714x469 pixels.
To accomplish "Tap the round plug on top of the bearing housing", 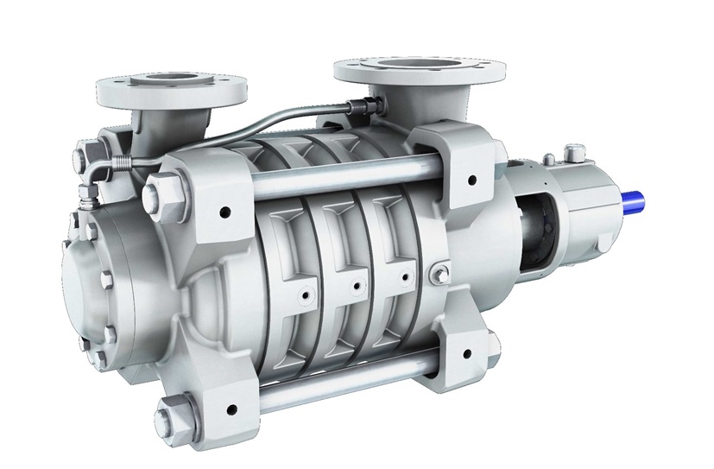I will (x=571, y=155).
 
